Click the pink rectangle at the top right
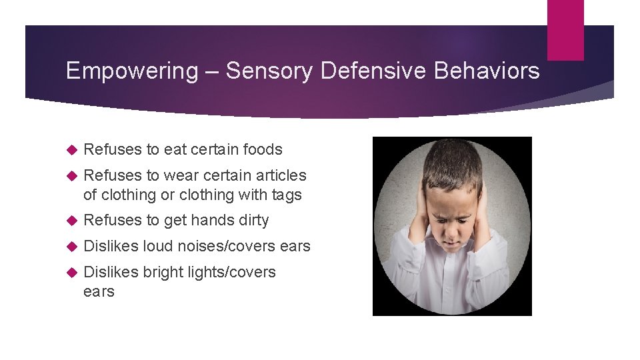coord(565,29)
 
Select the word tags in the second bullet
coord(285,195)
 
